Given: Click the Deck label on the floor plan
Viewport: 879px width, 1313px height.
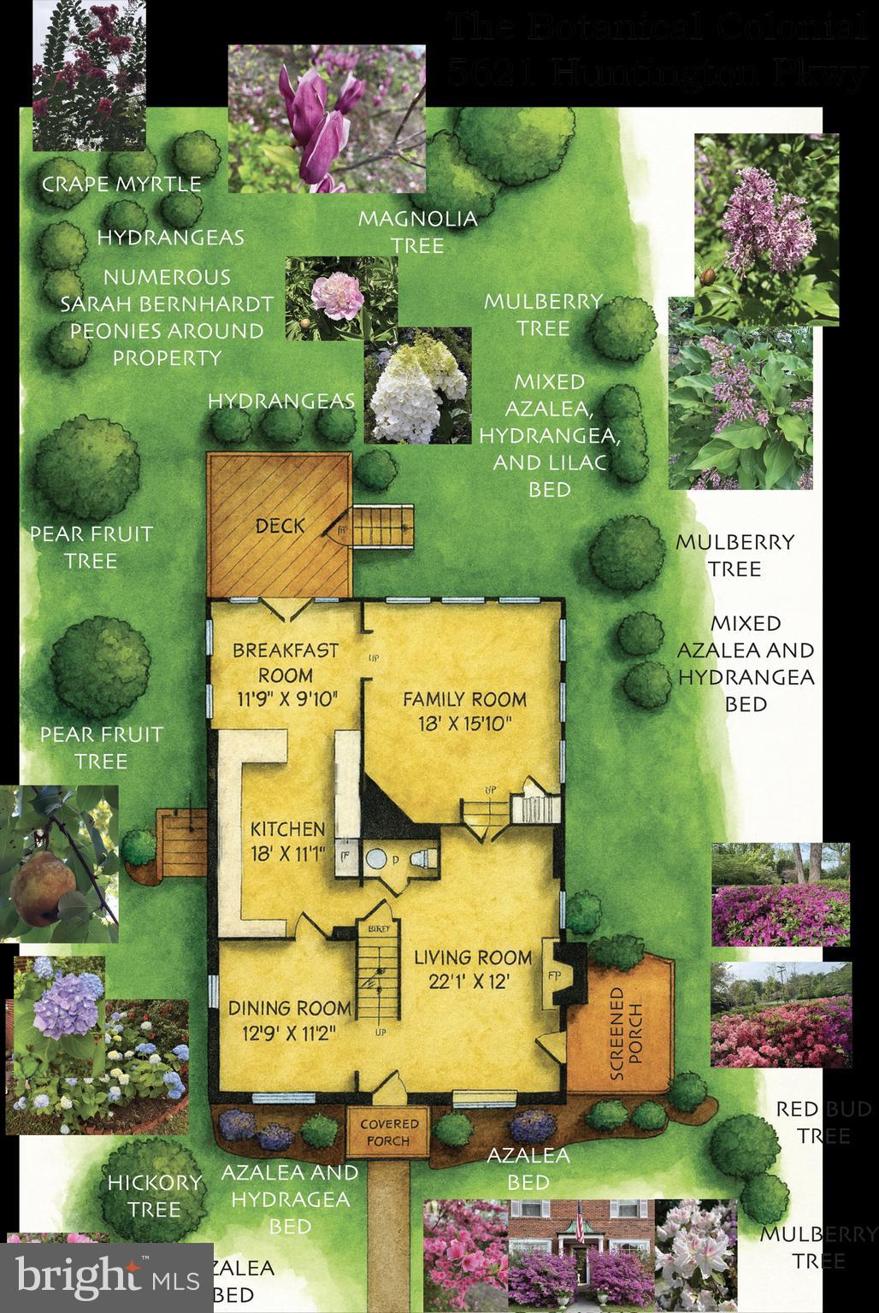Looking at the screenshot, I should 280,526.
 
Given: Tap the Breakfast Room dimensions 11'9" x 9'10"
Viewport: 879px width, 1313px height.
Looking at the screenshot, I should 286,698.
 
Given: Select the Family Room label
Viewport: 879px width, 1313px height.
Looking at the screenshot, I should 464,698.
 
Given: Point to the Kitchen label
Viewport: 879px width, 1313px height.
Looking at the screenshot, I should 287,828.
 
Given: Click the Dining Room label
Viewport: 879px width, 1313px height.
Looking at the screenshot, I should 289,1008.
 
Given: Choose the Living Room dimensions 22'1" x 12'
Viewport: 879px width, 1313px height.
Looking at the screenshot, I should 473,982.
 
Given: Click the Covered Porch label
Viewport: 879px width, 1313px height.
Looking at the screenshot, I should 389,1132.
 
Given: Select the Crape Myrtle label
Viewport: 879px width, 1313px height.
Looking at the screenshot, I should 121,184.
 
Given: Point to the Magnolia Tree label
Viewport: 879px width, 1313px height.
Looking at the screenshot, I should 417,232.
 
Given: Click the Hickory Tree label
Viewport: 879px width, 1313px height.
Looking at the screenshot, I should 143,1195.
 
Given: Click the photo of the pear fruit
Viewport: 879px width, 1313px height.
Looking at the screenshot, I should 58,863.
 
